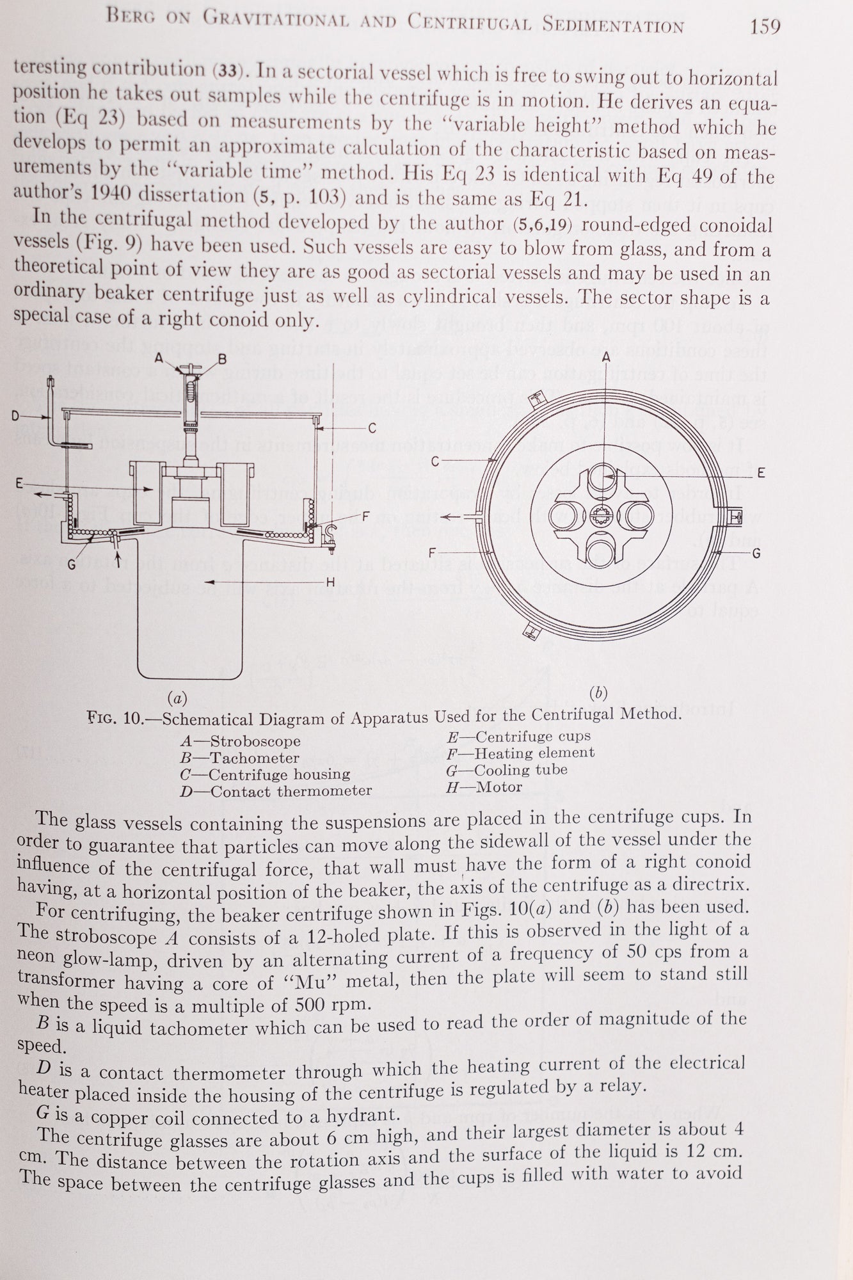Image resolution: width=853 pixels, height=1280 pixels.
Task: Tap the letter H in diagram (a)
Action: [x=331, y=581]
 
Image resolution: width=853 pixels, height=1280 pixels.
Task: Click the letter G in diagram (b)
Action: [x=756, y=552]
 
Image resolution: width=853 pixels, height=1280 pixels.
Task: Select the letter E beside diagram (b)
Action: [x=761, y=473]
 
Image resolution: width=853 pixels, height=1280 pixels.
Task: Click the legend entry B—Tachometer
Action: [x=240, y=758]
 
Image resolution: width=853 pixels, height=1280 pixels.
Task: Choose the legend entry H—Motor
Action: [x=484, y=787]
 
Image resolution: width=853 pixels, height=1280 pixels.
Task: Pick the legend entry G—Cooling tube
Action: [x=507, y=770]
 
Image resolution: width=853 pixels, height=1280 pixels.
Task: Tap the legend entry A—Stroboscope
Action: [x=241, y=742]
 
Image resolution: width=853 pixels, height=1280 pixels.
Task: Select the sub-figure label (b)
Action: [x=598, y=692]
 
